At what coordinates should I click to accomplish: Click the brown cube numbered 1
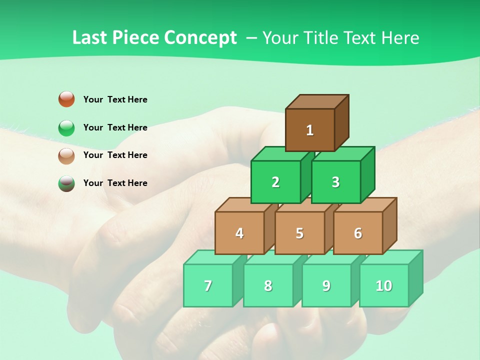310,130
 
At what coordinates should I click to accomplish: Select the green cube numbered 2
275,182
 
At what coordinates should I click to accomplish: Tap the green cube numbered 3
335,182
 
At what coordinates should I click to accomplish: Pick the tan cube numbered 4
239,233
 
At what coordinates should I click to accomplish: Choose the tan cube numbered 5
299,233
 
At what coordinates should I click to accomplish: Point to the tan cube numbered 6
358,233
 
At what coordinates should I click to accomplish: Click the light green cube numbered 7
208,285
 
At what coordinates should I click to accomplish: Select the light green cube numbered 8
268,285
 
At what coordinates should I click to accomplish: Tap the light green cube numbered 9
326,285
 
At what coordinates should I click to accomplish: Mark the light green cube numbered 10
384,285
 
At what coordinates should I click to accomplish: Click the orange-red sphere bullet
66,99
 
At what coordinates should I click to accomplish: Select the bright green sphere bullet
66,127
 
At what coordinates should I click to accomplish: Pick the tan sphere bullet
66,155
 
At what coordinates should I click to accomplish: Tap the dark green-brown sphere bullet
66,183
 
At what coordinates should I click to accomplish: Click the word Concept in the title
200,38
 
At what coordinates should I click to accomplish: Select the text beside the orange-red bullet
115,99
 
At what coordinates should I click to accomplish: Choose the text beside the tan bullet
115,155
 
